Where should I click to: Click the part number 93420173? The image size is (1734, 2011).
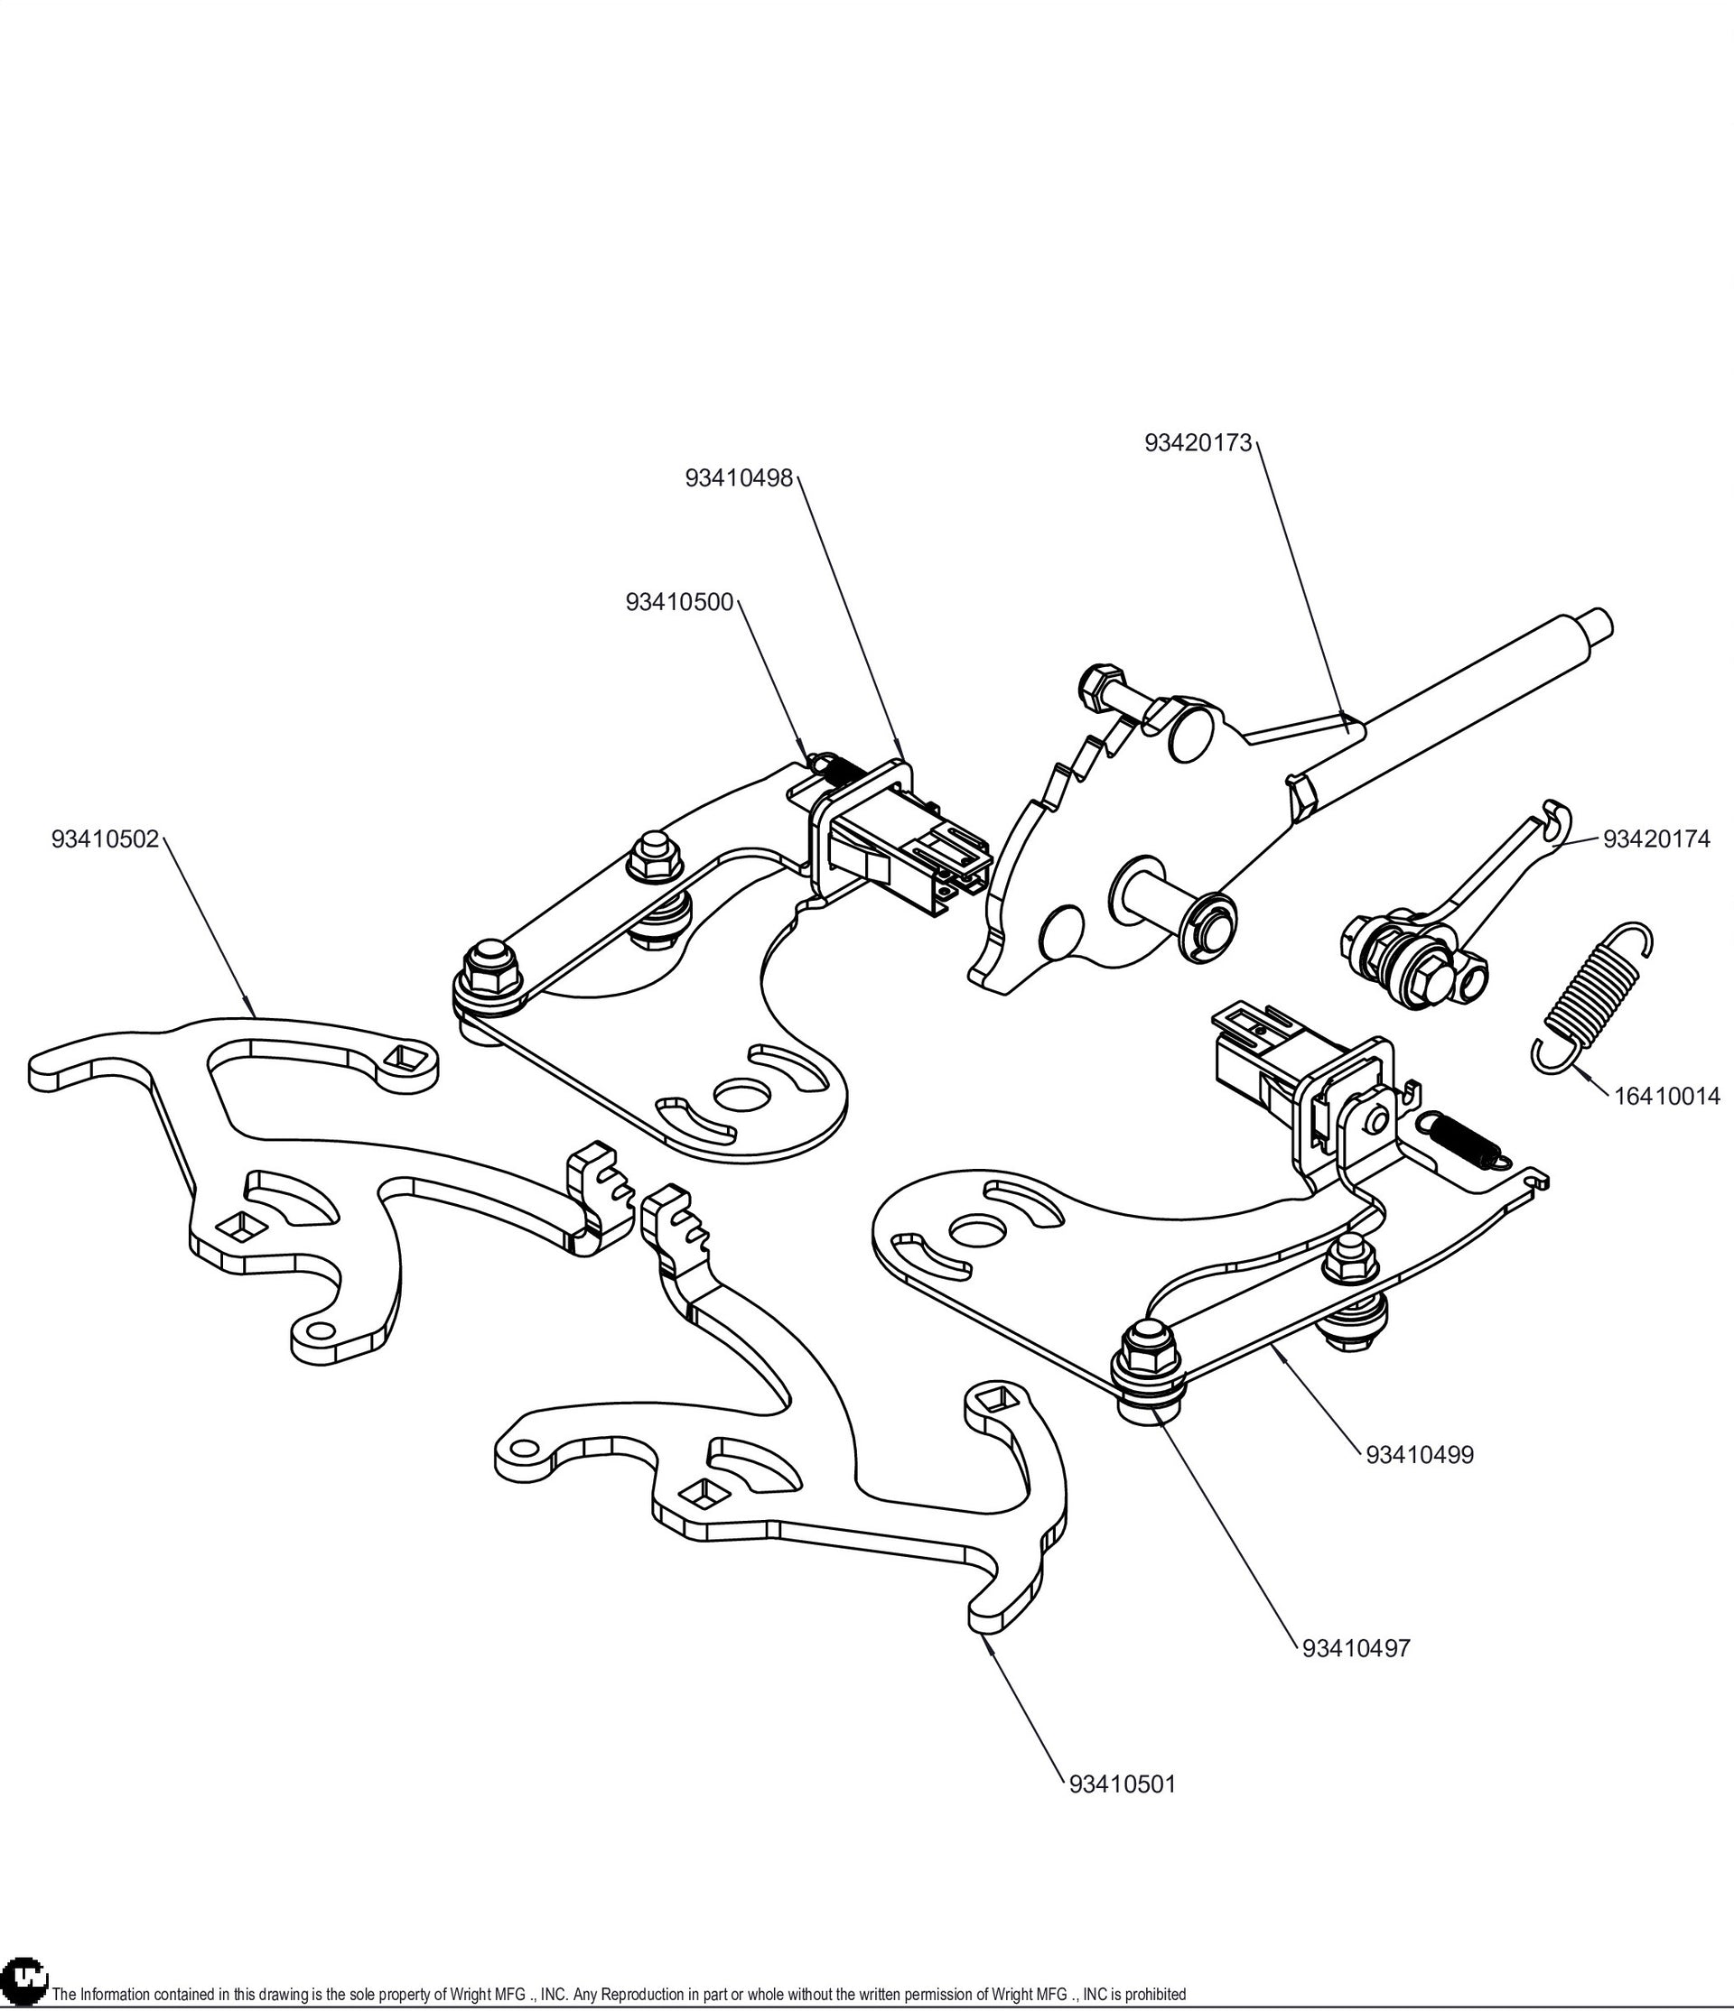[x=1198, y=442]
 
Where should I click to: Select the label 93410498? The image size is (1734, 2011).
[x=739, y=478]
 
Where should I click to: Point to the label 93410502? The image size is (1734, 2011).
[x=105, y=839]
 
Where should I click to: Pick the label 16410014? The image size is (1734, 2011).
[x=1667, y=1096]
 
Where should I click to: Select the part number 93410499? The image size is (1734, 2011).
[x=1420, y=1482]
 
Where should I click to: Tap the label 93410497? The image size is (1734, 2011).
[x=1356, y=1648]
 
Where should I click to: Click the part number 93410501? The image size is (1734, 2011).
[x=1123, y=1784]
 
